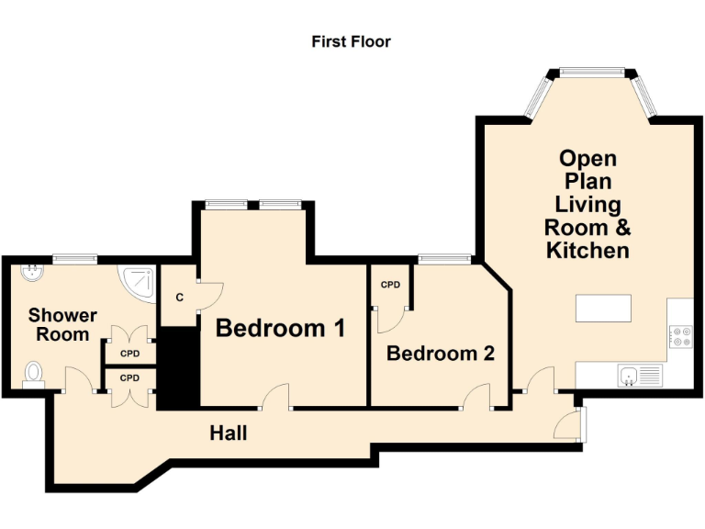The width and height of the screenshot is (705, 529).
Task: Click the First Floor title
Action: pyautogui.click(x=351, y=41)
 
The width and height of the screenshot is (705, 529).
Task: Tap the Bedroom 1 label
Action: pyautogui.click(x=280, y=328)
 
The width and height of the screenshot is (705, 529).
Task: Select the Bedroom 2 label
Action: pyautogui.click(x=441, y=353)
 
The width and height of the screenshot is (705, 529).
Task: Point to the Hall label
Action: pyautogui.click(x=228, y=432)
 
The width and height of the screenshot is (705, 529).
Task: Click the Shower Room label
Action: pyautogui.click(x=63, y=325)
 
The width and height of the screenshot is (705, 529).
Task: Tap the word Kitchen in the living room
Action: pyautogui.click(x=587, y=249)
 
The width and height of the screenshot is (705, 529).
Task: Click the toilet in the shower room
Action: pyautogui.click(x=34, y=373)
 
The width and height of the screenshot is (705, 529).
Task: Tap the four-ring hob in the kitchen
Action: pyautogui.click(x=681, y=337)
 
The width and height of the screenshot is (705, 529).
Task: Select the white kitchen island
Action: pyautogui.click(x=603, y=308)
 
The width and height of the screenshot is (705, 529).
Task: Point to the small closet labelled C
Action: pyautogui.click(x=179, y=297)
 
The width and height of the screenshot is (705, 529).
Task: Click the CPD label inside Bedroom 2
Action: pyautogui.click(x=390, y=285)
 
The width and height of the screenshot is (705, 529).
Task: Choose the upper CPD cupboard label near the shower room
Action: pyautogui.click(x=129, y=352)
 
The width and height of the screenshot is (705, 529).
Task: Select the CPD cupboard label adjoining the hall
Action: pyautogui.click(x=129, y=377)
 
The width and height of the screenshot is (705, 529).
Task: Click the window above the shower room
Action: pyautogui.click(x=75, y=257)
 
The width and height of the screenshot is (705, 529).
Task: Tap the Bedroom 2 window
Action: pyautogui.click(x=444, y=258)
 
